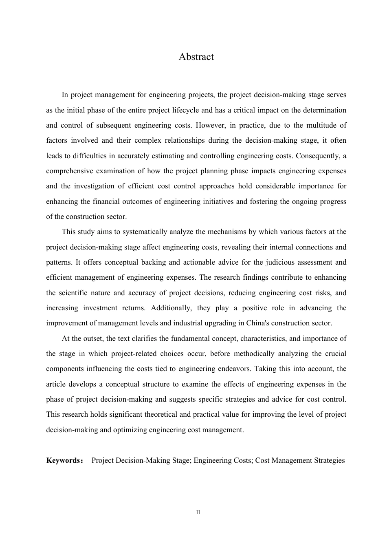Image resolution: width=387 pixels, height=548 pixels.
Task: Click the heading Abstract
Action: [x=196, y=57]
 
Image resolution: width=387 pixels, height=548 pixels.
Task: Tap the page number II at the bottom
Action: [x=198, y=512]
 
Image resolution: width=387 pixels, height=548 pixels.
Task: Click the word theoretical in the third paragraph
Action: [x=161, y=414]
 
